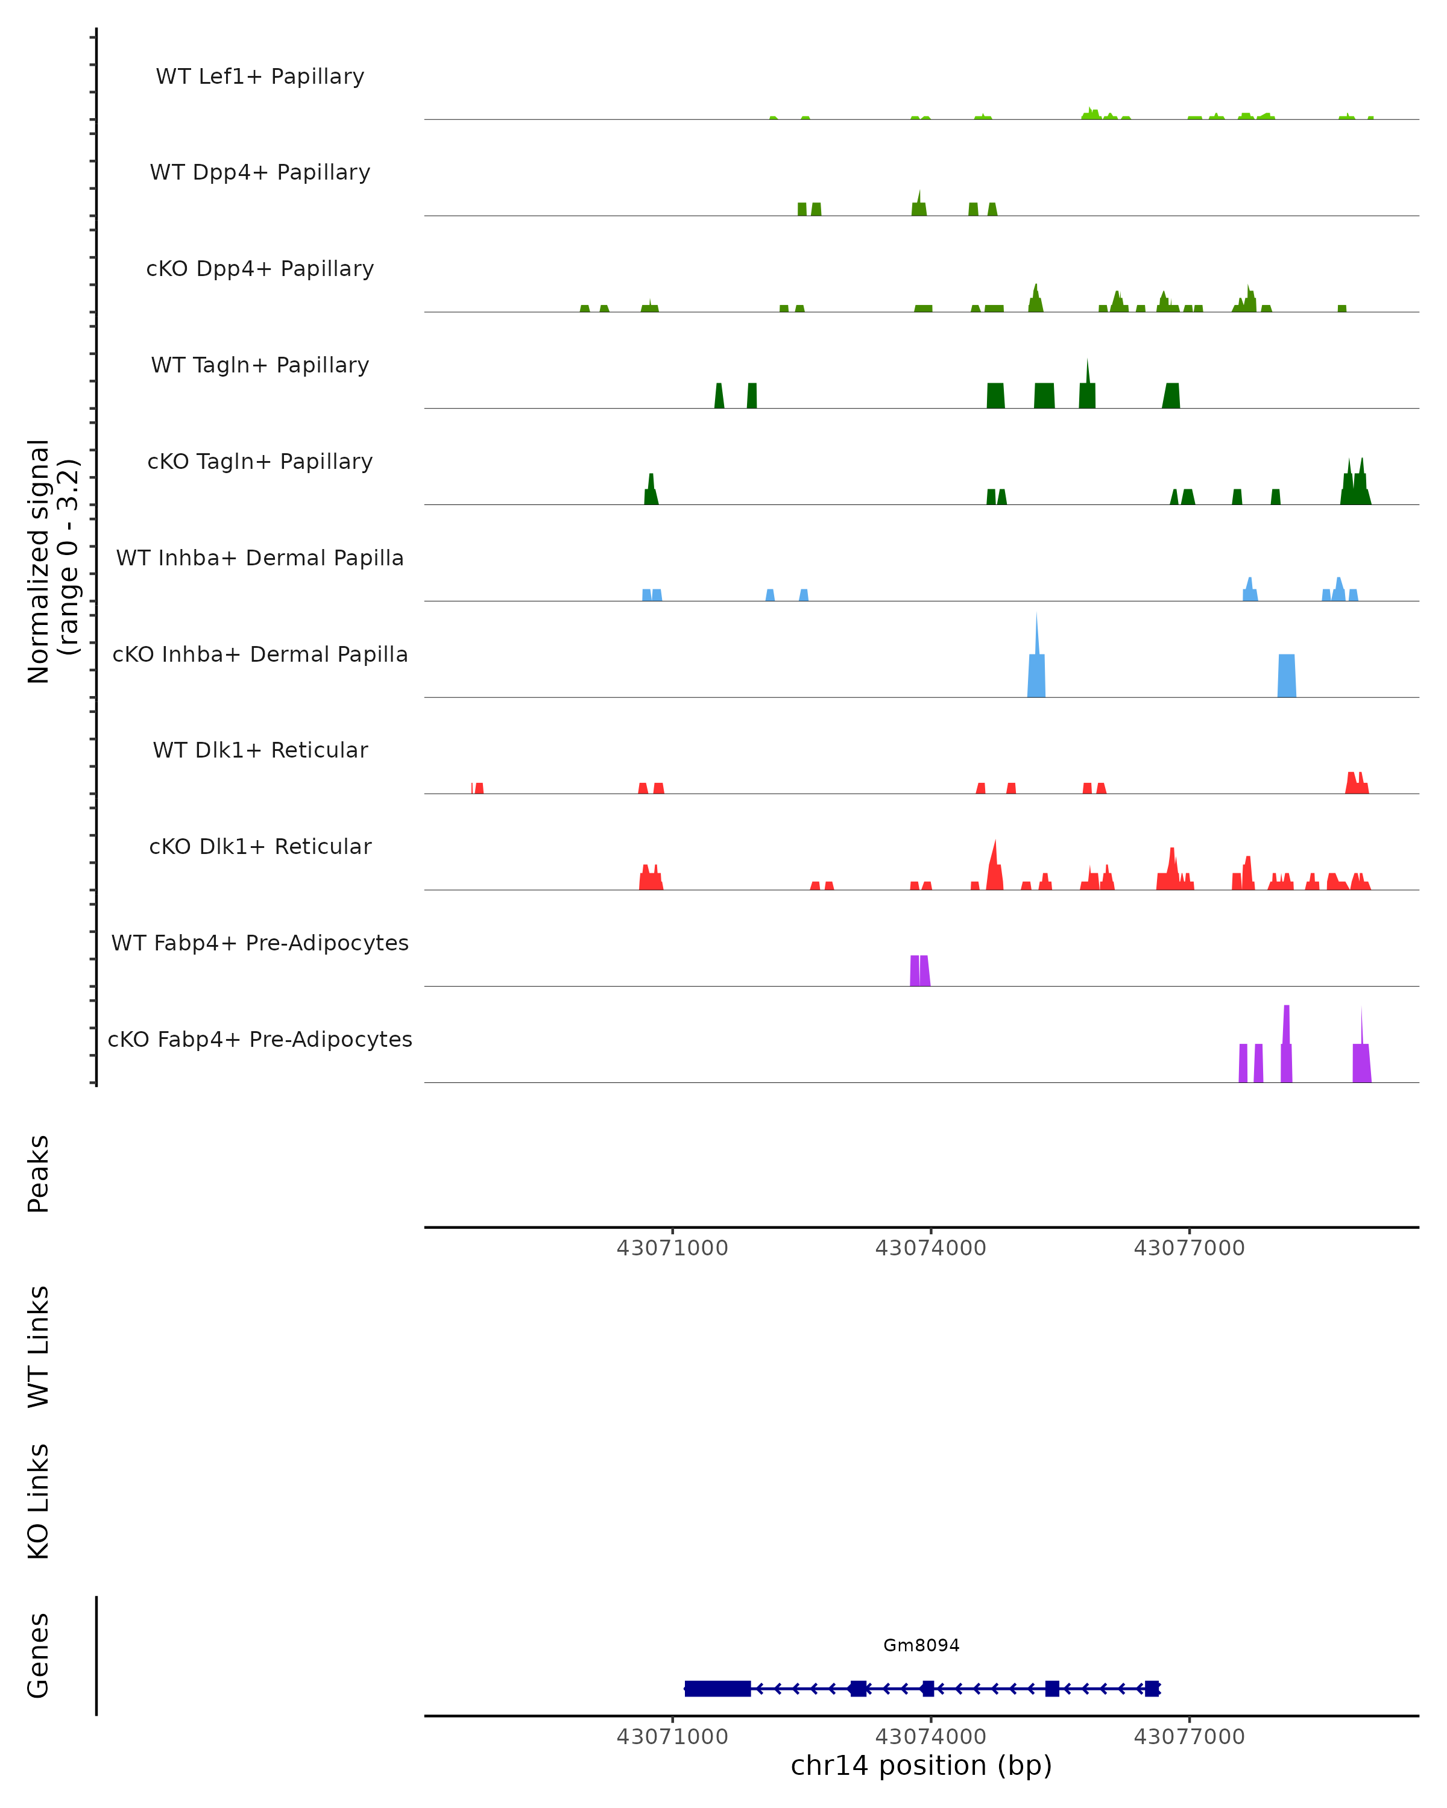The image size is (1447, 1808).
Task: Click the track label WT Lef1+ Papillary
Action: [260, 77]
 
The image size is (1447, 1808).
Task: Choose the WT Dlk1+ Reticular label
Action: [260, 750]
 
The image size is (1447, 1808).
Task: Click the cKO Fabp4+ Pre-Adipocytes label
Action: [260, 1039]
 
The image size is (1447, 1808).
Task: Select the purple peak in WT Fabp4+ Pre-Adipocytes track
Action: [919, 971]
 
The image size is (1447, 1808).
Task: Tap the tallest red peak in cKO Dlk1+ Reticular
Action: [995, 868]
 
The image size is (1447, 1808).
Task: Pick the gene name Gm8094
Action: [921, 1645]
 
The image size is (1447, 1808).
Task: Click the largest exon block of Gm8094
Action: [717, 1689]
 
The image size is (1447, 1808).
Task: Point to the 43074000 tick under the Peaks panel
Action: [930, 1248]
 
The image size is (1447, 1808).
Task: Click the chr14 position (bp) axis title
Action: [921, 1766]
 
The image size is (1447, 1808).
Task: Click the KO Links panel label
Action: [39, 1502]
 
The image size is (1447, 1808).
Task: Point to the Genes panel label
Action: [39, 1656]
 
